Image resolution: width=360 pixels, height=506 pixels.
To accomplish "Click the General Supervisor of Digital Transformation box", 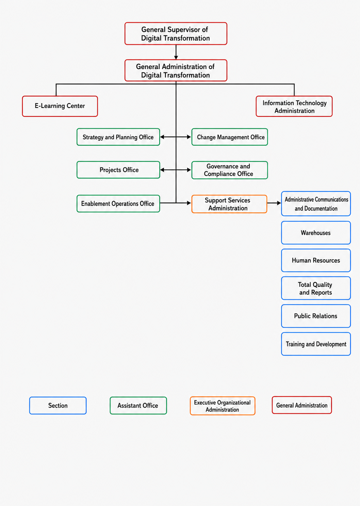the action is [176, 33].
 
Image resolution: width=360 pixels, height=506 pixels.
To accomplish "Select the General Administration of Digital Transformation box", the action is [176, 70].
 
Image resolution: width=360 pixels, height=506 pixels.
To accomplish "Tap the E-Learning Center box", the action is [60, 106].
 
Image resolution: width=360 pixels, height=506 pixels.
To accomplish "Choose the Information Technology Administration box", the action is [294, 106].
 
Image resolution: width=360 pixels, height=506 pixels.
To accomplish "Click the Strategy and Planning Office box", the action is [118, 137].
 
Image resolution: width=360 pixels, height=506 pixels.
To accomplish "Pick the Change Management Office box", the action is [230, 137].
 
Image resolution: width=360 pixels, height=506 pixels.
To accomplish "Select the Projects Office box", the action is [118, 170].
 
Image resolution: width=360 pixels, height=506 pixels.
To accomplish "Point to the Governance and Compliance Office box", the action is [230, 170].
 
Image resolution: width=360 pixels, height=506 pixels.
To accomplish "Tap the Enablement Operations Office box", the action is [118, 204].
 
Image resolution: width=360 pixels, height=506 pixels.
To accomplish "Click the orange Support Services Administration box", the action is [229, 204].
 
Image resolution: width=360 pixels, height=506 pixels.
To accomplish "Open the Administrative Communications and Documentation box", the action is [316, 204].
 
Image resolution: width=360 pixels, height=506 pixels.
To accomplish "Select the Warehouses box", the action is [316, 233].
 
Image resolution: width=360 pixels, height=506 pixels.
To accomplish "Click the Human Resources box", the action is [316, 260].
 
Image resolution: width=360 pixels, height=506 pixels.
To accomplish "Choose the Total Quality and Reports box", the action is [316, 288].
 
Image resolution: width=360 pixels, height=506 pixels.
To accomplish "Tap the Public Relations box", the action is [316, 316].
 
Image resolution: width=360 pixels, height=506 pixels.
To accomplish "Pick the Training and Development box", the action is [316, 344].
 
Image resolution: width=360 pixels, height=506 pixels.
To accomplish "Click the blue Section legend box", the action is [58, 406].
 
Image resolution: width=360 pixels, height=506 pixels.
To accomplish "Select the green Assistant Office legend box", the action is [138, 406].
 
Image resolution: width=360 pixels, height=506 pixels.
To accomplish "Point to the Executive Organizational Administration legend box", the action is [223, 406].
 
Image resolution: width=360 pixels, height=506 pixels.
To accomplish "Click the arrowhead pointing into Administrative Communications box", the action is [279, 203].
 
